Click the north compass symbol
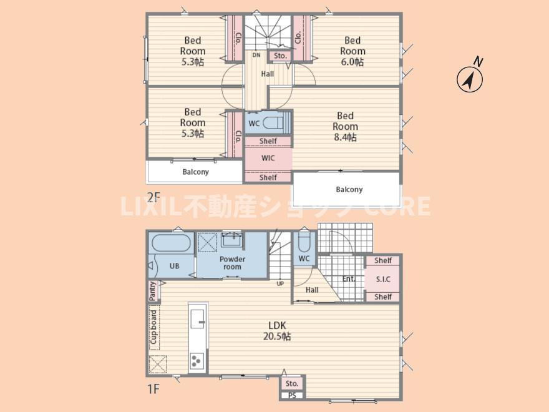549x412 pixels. pos(470,79)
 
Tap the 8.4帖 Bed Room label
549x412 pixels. pos(345,127)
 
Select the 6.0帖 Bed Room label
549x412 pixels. pos(352,51)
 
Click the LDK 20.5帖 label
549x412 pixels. pos(277,330)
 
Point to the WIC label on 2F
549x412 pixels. pos(268,158)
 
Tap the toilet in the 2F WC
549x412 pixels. pos(273,124)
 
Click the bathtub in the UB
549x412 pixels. pos(171,242)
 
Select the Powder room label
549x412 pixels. pos(232,263)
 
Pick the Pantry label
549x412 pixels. pos(152,291)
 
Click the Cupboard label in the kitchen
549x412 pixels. pos(153,327)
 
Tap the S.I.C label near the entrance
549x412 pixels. pos(383,279)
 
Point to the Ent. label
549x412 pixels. pos(348,279)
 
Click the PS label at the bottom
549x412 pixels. pos(293,396)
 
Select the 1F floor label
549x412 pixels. pos(153,388)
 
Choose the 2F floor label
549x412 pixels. pos(153,198)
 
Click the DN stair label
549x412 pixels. pos(256,55)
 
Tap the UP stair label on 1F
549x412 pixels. pos(280,283)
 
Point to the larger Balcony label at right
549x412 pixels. pos(349,190)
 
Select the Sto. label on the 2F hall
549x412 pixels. pos(280,56)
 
